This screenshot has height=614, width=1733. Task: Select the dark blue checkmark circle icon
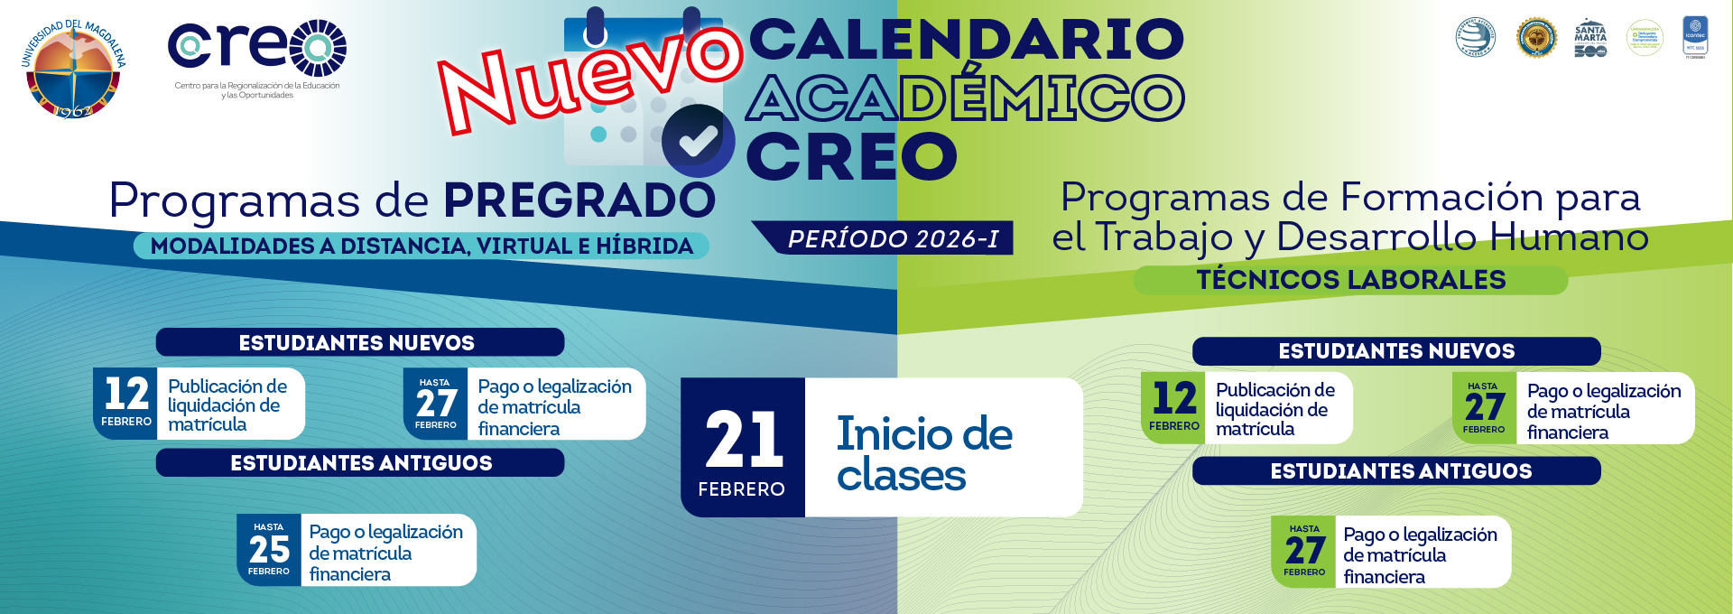697,141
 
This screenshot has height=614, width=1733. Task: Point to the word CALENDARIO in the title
966,39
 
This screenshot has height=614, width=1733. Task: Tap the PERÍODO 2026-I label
893,238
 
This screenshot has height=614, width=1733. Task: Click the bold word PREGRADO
579,200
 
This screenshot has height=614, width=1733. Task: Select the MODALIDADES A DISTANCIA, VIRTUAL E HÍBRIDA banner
422,246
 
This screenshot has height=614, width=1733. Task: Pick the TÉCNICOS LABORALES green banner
1350,280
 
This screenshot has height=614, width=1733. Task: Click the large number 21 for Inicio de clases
744,441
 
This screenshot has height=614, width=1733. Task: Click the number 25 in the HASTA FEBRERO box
269,549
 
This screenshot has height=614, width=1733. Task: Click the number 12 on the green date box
1174,398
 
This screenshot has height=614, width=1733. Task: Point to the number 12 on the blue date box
126,394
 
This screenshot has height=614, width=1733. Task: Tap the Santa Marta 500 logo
1589,39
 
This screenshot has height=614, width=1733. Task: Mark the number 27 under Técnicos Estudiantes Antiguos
1304,550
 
